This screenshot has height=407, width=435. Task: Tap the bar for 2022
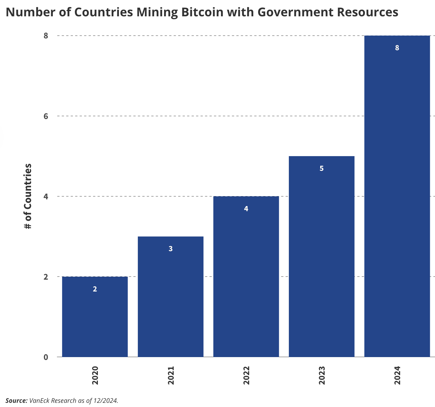click(x=246, y=278)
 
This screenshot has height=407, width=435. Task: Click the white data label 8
click(x=397, y=48)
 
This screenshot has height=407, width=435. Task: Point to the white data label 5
click(x=321, y=169)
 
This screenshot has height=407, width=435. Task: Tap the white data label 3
click(x=170, y=249)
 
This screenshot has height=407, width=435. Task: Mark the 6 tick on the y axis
click(x=46, y=116)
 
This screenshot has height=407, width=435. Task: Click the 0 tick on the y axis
click(x=46, y=357)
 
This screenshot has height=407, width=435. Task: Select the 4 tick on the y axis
click(x=46, y=196)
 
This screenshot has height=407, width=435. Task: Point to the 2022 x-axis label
click(x=246, y=376)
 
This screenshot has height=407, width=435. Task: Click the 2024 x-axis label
click(x=397, y=376)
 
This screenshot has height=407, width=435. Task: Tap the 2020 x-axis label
click(x=95, y=376)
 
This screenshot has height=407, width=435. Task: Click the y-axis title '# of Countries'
click(x=28, y=196)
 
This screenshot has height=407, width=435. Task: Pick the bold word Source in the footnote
click(x=16, y=401)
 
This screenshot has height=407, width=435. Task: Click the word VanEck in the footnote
click(x=39, y=401)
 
